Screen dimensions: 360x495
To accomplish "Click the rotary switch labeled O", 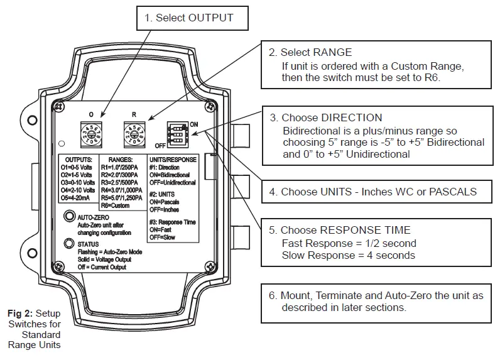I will pos(91,134).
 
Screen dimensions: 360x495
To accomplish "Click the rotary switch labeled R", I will pos(134,134).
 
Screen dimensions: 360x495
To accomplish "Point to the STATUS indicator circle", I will pos(68,244).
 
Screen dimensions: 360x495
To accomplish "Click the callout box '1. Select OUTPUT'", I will pos(188,18).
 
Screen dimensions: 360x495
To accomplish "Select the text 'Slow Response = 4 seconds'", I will pos(348,255).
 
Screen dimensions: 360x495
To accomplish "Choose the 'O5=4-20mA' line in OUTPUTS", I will pos(79,197).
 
